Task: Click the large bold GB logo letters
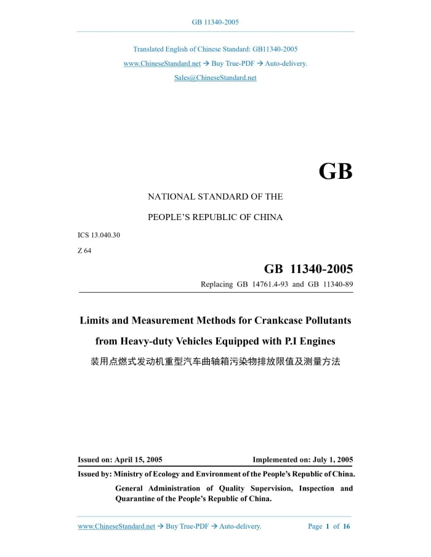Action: click(336, 171)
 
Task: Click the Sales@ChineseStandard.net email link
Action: click(215, 77)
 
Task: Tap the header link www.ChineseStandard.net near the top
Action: click(162, 63)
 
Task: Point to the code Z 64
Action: click(84, 250)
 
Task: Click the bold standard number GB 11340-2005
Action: click(308, 269)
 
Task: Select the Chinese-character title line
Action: click(215, 361)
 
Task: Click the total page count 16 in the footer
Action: click(347, 526)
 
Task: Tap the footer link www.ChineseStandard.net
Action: click(116, 526)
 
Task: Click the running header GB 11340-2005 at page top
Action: click(215, 22)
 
